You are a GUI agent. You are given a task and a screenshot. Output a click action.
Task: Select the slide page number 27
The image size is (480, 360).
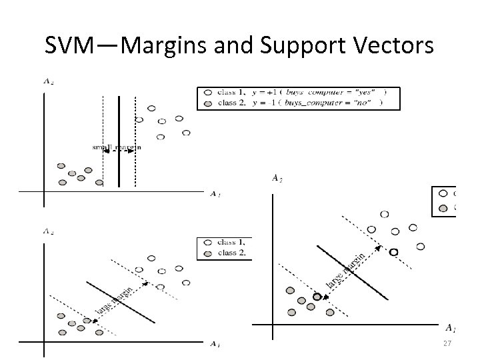pyautogui.click(x=447, y=343)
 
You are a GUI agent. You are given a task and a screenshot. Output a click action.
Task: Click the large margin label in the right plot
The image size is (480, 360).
pyautogui.click(x=345, y=271)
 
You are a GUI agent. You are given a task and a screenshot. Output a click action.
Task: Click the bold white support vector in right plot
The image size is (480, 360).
pyautogui.click(x=393, y=251)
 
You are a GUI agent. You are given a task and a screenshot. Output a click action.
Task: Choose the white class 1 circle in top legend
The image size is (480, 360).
pyautogui.click(x=208, y=92)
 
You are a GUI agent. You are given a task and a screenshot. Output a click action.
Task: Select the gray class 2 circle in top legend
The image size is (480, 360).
pyautogui.click(x=208, y=103)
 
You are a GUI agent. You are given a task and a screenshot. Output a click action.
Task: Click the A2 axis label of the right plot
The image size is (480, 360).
pyautogui.click(x=276, y=177)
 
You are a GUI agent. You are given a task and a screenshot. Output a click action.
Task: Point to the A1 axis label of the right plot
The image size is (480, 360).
pyautogui.click(x=451, y=328)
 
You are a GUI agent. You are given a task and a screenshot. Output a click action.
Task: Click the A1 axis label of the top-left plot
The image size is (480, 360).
pyautogui.click(x=214, y=194)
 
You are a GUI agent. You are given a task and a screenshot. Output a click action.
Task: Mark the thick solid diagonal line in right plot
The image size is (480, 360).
pyautogui.click(x=352, y=272)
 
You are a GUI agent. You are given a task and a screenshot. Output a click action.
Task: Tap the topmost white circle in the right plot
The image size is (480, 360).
pyautogui.click(x=384, y=214)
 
